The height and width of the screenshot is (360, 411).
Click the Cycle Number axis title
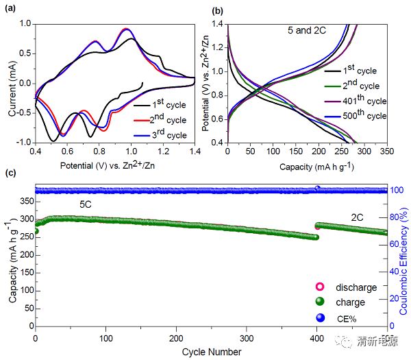[212, 352]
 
